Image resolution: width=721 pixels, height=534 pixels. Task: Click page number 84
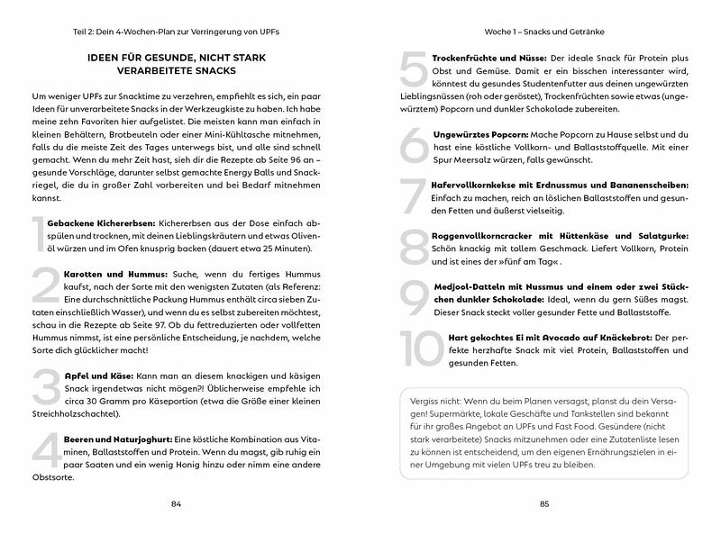(176, 503)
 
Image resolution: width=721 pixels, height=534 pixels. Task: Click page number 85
(544, 503)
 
